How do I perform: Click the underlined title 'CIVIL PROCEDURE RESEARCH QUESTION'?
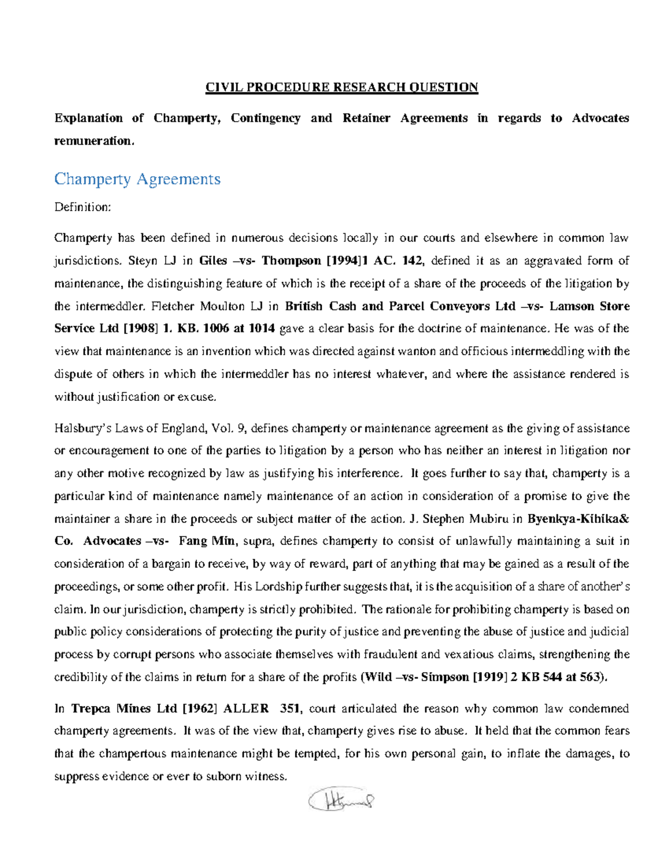342,88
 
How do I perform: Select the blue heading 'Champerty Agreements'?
137,179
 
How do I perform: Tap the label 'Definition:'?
83,207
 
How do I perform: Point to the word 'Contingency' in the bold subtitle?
265,118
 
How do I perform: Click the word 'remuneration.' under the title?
94,141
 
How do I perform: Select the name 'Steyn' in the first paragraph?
143,261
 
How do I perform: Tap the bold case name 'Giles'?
213,261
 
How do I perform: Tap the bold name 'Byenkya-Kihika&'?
578,519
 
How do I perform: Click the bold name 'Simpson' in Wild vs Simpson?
445,678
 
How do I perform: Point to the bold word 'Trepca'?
92,709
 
